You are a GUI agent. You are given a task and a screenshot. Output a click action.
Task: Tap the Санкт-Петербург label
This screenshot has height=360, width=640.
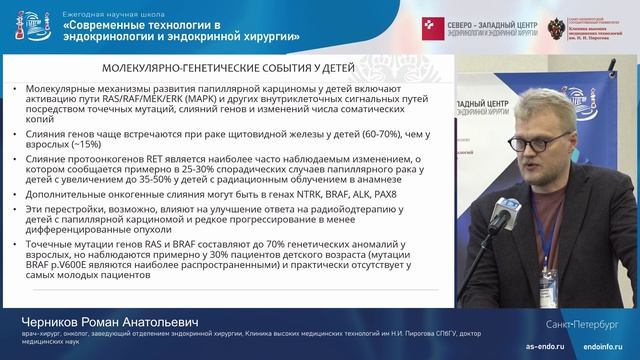(x=585, y=326)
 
